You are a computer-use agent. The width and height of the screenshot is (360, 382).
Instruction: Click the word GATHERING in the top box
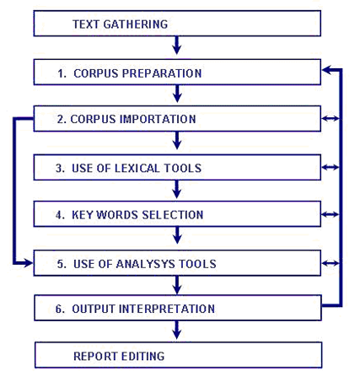pyautogui.click(x=136, y=24)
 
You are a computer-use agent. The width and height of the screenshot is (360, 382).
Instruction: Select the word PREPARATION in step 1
pyautogui.click(x=162, y=73)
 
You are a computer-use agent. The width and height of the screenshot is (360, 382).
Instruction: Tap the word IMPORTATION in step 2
pyautogui.click(x=158, y=119)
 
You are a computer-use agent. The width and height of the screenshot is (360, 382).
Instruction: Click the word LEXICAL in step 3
pyautogui.click(x=137, y=168)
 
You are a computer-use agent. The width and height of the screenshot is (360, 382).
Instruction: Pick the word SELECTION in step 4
pyautogui.click(x=173, y=215)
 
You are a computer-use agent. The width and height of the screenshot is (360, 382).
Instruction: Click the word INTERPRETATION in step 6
pyautogui.click(x=167, y=309)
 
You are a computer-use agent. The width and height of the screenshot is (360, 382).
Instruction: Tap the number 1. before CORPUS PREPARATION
pyautogui.click(x=62, y=73)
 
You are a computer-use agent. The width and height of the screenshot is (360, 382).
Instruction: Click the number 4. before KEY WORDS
pyautogui.click(x=60, y=215)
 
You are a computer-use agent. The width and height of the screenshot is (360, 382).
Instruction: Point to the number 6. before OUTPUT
pyautogui.click(x=60, y=309)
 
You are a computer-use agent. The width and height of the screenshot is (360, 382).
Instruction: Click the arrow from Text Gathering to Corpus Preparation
pyautogui.click(x=176, y=45)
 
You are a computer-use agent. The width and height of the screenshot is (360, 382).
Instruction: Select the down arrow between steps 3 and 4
pyautogui.click(x=176, y=189)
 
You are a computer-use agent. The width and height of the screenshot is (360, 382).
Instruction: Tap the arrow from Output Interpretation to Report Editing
pyautogui.click(x=176, y=330)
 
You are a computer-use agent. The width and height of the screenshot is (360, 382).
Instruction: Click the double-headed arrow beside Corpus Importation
pyautogui.click(x=330, y=119)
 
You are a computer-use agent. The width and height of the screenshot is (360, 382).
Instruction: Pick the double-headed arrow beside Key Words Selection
pyautogui.click(x=330, y=214)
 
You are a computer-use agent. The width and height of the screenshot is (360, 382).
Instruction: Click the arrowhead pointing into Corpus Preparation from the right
pyautogui.click(x=327, y=70)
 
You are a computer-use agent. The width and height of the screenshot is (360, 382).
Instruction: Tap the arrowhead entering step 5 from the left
pyautogui.click(x=28, y=263)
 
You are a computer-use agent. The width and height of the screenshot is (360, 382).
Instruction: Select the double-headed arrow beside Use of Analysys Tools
pyautogui.click(x=330, y=263)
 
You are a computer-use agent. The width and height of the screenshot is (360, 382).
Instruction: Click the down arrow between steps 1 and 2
pyautogui.click(x=177, y=94)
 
